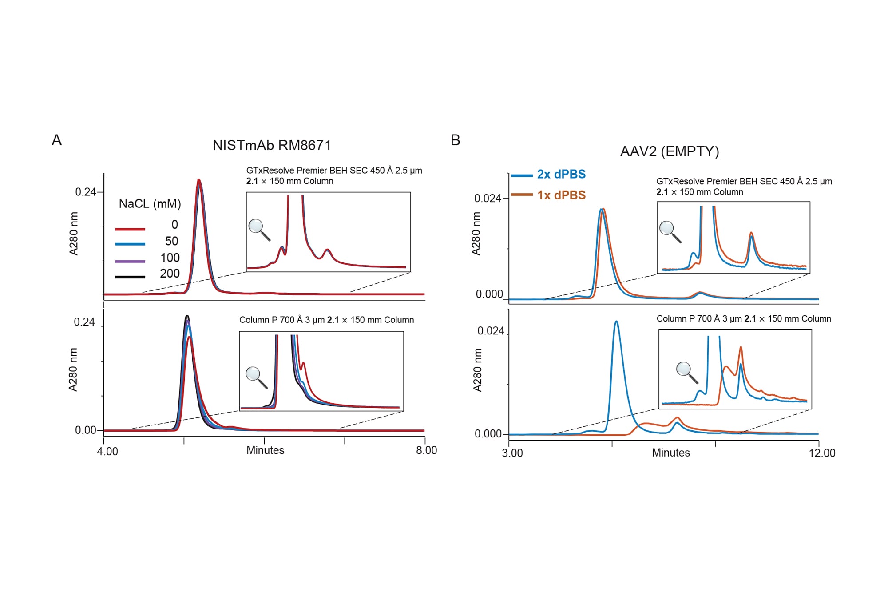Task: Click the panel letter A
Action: [57, 140]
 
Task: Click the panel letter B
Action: [455, 140]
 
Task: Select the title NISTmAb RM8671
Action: [272, 145]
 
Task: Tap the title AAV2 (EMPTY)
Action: [669, 151]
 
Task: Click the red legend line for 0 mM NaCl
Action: [130, 229]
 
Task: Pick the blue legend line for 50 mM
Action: [130, 244]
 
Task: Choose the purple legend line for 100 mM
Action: [130, 261]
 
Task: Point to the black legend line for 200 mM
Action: [130, 277]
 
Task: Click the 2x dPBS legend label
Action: [561, 174]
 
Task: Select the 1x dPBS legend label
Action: [561, 195]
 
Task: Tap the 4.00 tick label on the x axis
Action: [107, 451]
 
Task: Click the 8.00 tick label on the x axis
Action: [426, 450]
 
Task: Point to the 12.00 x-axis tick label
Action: [822, 453]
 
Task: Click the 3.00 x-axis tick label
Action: [512, 453]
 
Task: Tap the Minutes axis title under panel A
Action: [265, 450]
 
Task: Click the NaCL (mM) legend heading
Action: [150, 204]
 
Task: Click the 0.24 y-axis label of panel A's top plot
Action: [85, 192]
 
